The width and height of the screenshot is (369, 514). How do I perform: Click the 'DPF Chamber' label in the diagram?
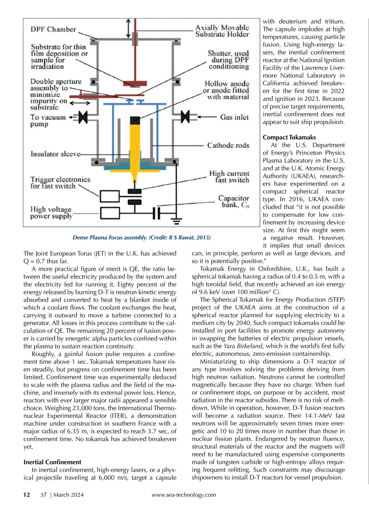point(53,30)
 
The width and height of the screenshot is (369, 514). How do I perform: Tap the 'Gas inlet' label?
point(234,117)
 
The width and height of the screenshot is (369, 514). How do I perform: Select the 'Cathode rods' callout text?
point(228,145)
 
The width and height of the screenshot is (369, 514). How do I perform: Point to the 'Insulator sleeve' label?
point(56,154)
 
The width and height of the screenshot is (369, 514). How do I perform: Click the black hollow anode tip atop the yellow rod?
point(135,120)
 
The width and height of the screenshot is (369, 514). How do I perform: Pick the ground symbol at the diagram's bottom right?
point(176,221)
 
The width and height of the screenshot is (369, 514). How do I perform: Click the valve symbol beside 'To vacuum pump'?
point(83,117)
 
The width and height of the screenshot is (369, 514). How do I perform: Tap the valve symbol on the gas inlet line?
point(185,117)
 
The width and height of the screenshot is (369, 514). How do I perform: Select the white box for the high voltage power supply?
point(110,213)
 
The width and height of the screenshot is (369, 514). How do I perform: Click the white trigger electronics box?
point(110,196)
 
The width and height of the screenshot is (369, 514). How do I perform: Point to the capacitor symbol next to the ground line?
point(156,213)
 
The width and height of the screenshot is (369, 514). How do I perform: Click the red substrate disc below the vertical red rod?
point(135,83)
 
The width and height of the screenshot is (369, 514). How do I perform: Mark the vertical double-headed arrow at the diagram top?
point(129,29)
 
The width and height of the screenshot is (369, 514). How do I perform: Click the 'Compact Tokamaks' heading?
point(289,137)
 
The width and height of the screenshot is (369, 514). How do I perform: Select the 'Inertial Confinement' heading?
point(52,462)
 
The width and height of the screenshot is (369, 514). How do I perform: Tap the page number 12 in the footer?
point(27,495)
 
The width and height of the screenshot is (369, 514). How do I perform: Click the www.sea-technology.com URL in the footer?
point(184,495)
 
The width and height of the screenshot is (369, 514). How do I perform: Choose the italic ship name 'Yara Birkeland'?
point(243,346)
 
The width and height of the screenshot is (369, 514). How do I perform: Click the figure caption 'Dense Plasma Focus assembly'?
point(110,238)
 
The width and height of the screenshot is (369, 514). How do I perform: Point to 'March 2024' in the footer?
point(68,495)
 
